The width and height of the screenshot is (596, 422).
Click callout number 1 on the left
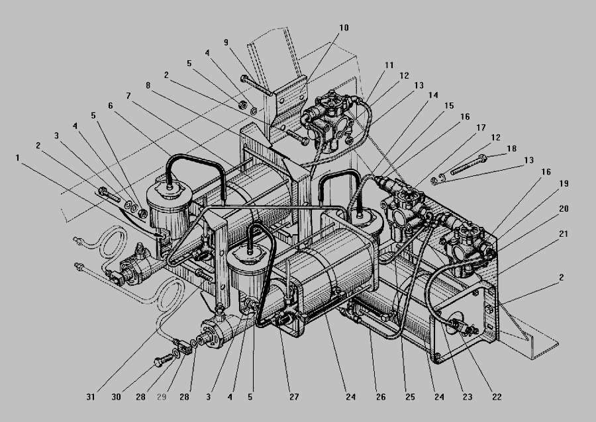[17, 157]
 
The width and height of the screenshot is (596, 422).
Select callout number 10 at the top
[344, 28]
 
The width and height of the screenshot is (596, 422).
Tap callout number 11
[389, 65]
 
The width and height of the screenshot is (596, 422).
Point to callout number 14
[433, 95]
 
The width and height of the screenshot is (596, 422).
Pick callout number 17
[481, 128]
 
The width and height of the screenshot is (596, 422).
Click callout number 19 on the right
[564, 184]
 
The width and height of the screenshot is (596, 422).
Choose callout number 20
[564, 209]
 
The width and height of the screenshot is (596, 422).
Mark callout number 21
[564, 234]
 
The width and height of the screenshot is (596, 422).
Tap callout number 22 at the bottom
[497, 397]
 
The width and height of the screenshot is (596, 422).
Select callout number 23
[467, 397]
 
